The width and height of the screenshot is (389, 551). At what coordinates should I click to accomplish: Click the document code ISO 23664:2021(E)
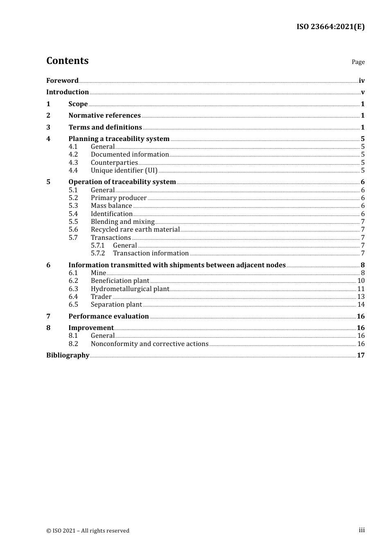click(330, 27)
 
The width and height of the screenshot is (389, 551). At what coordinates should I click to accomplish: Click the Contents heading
click(68, 61)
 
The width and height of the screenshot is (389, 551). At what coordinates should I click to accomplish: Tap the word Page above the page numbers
click(358, 62)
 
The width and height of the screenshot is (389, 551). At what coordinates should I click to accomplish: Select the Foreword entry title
click(62, 81)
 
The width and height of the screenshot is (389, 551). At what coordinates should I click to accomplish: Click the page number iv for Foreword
click(362, 81)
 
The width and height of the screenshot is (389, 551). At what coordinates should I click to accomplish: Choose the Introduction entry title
click(68, 92)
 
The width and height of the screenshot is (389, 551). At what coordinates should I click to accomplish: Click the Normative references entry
click(104, 116)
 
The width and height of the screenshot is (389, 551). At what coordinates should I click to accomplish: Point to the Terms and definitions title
click(105, 128)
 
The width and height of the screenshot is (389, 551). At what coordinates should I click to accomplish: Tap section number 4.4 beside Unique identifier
click(73, 171)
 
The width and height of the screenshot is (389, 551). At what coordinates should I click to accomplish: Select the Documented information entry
click(130, 155)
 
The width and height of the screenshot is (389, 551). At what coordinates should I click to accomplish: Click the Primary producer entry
click(119, 198)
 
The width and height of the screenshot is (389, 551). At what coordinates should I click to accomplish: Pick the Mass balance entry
click(111, 206)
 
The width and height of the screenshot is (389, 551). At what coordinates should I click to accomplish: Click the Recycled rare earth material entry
click(135, 230)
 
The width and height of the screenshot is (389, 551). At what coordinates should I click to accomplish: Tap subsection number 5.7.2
click(98, 253)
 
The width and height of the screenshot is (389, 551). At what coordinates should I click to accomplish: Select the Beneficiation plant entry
click(120, 281)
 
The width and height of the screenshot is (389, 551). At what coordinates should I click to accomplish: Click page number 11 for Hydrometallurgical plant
click(361, 289)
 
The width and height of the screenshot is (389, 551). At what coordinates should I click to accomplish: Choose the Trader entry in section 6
click(101, 297)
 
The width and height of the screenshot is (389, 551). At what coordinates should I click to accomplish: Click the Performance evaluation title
click(109, 316)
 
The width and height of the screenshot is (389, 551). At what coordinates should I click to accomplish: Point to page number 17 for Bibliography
click(361, 355)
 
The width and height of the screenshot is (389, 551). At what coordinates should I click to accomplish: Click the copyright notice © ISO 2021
click(88, 531)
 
